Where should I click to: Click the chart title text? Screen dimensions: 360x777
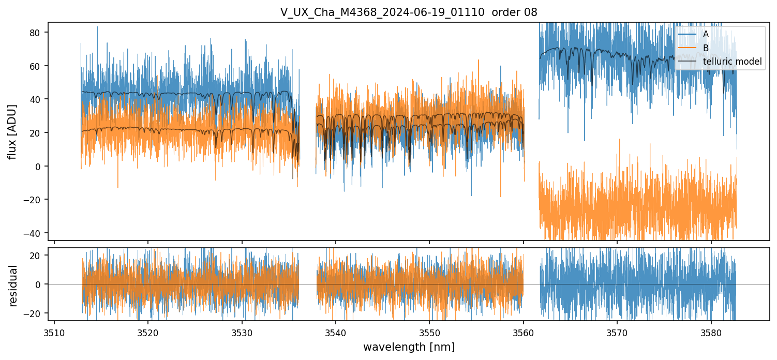tap(409, 12)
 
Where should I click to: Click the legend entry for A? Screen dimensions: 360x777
tap(706, 35)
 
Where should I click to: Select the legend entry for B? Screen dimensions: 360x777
tap(706, 48)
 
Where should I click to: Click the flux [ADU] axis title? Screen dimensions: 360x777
tap(13, 131)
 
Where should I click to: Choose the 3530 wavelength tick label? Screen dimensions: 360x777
tap(242, 332)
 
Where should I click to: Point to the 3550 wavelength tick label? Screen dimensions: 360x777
tap(429, 332)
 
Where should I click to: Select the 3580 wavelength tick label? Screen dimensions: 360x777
tap(711, 332)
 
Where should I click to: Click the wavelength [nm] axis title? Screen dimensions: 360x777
tap(409, 347)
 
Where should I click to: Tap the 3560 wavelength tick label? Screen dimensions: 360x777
tap(524, 332)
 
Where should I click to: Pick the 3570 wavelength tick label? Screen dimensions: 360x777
tap(617, 332)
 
